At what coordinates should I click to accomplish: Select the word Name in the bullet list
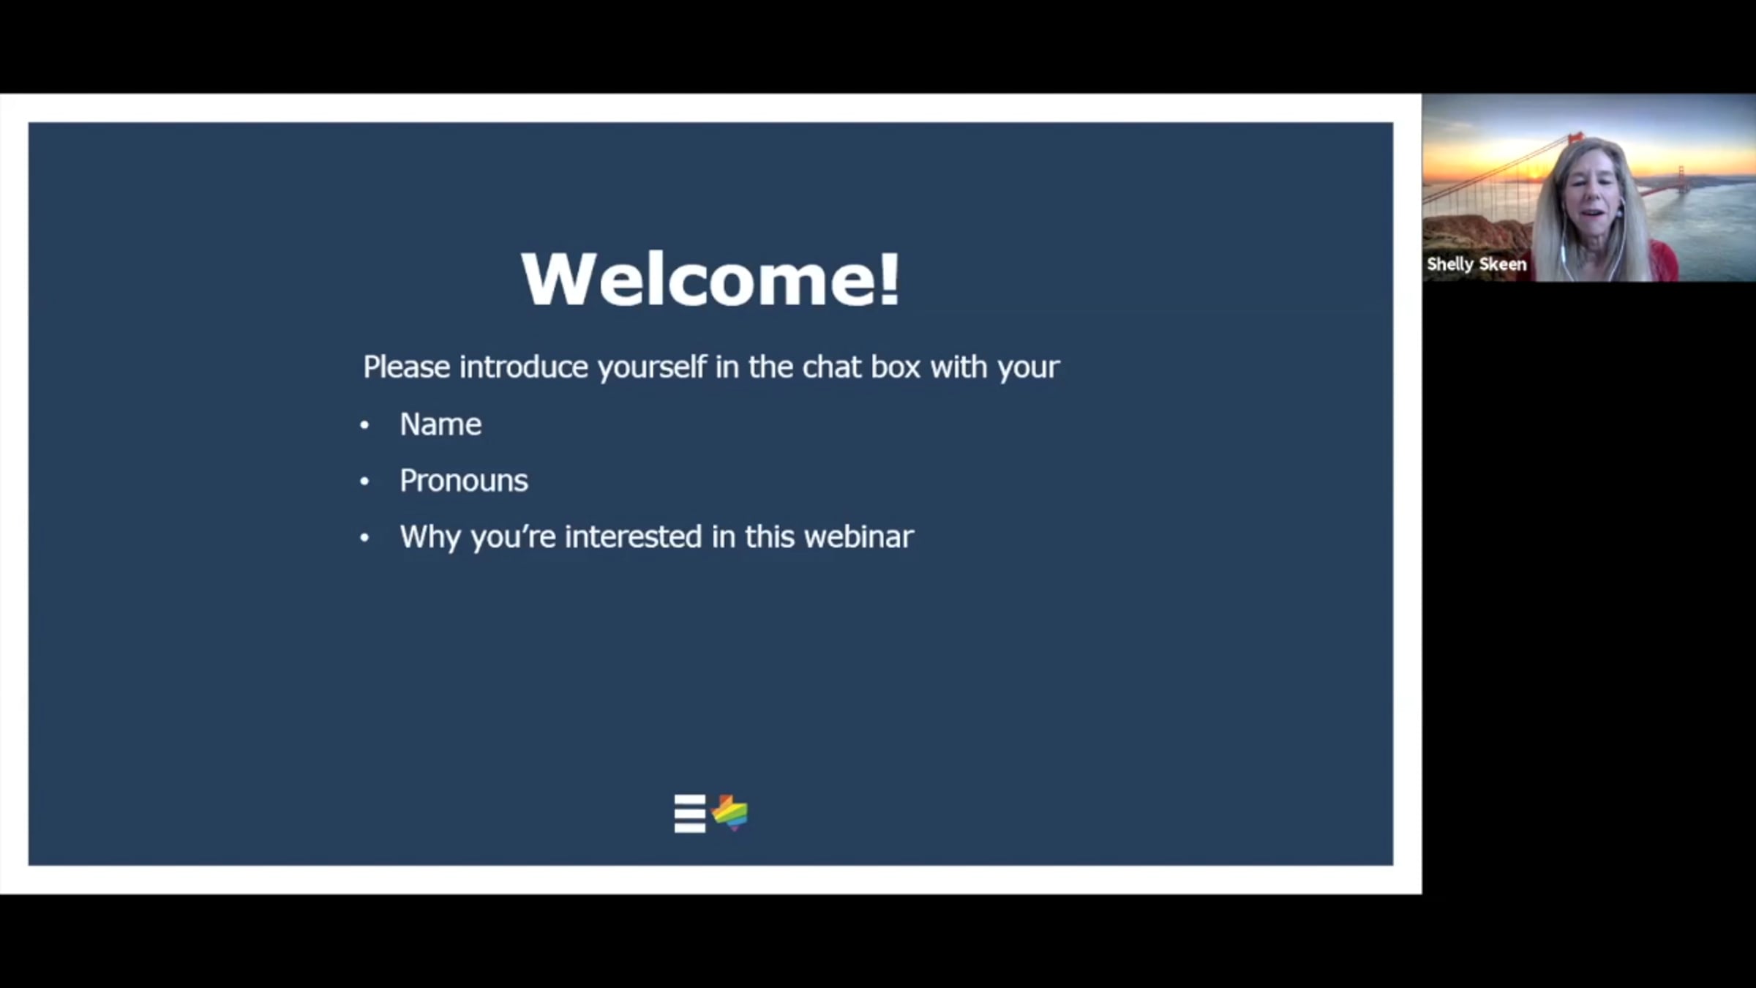tap(440, 424)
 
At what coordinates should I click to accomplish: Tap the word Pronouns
tap(464, 481)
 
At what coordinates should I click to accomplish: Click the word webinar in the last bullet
tap(859, 536)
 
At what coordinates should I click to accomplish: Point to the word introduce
tap(523, 367)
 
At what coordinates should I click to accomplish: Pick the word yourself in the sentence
tap(652, 368)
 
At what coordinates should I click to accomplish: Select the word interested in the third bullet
tap(633, 536)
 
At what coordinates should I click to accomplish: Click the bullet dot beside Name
tap(364, 425)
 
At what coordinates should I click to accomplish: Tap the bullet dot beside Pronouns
tap(364, 482)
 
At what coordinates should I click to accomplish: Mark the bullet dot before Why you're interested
tap(364, 538)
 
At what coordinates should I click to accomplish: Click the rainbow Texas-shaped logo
tap(730, 813)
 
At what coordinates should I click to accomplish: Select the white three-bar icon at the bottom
tap(690, 814)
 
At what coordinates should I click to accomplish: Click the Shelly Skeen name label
tap(1477, 264)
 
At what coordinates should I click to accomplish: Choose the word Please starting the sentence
tap(406, 367)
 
